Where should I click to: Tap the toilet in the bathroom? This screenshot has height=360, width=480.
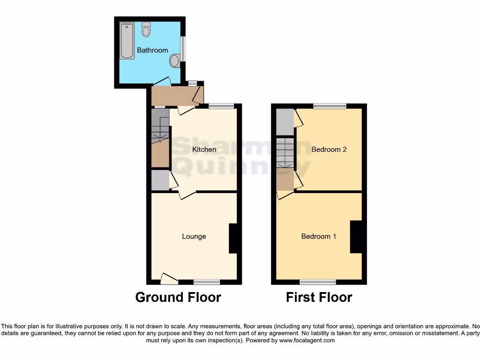(x=146, y=30)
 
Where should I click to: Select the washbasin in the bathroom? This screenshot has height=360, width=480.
(x=175, y=60)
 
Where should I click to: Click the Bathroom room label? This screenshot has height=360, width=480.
(x=152, y=50)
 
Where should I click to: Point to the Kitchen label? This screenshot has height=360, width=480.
(x=204, y=150)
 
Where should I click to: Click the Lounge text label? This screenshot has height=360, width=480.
(x=194, y=236)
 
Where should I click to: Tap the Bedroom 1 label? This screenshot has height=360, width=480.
(x=319, y=236)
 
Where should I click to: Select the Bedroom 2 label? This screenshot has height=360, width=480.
(x=329, y=150)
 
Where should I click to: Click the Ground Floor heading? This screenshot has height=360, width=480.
(x=178, y=297)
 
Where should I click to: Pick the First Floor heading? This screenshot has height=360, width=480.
(x=319, y=297)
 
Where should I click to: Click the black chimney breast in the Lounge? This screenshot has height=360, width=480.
(x=233, y=238)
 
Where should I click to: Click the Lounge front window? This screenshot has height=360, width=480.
(x=207, y=282)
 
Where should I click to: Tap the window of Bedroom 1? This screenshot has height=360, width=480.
(x=318, y=282)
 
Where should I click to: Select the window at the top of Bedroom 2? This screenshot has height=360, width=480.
(x=330, y=106)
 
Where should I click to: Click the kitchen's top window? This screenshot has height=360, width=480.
(x=221, y=106)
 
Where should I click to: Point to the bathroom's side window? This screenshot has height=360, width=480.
(x=183, y=49)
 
